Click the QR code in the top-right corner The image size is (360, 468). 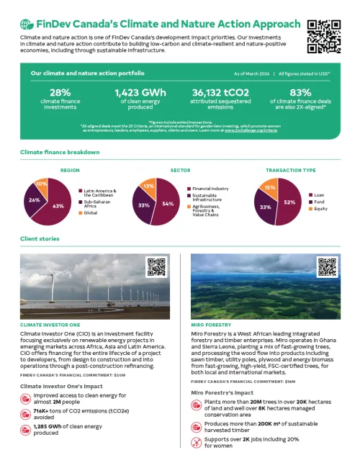click(x=324, y=37)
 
